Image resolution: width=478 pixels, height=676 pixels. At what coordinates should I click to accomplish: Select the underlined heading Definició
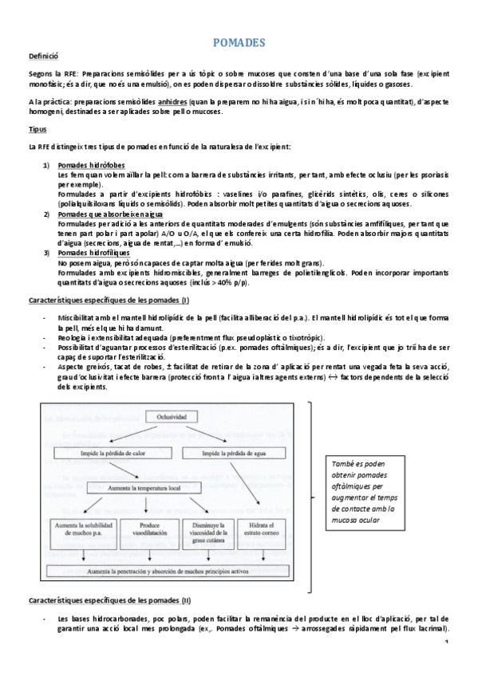coord(44,57)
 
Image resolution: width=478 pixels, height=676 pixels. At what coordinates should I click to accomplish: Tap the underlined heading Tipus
coord(38,129)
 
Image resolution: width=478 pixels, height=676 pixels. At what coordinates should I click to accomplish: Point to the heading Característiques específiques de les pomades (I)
coord(109,300)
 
